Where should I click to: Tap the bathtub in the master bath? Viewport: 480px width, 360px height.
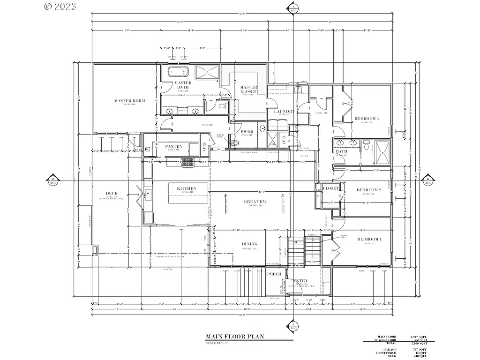pos(178,72)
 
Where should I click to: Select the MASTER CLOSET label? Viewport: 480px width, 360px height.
pos(248,89)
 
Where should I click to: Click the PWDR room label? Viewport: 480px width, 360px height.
pos(247,132)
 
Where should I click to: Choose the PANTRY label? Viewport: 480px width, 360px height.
pos(174,146)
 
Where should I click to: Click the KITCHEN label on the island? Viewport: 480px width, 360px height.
pos(186,188)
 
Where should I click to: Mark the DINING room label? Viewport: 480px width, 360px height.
pos(249,244)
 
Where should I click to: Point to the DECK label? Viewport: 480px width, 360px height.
pos(112,194)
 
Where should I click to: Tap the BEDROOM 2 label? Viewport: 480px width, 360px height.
pos(368,190)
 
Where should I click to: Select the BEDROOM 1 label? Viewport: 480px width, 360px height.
pos(369,240)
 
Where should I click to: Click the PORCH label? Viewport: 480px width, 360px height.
pos(274,274)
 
